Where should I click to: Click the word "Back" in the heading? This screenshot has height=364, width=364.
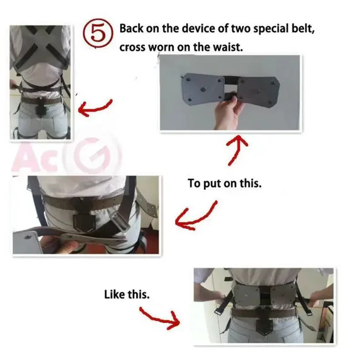pos(132,28)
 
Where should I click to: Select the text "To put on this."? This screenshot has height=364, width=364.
pos(224,183)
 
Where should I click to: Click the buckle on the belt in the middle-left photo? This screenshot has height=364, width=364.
pos(82,226)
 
